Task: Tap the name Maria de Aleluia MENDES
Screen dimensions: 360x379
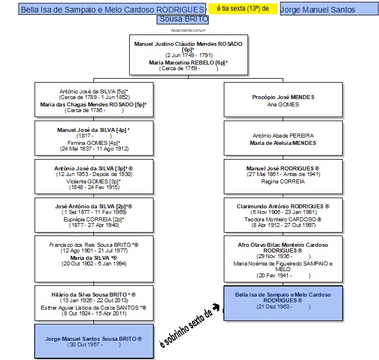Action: pyautogui.click(x=283, y=143)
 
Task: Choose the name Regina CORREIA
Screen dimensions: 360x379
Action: pyautogui.click(x=283, y=181)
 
